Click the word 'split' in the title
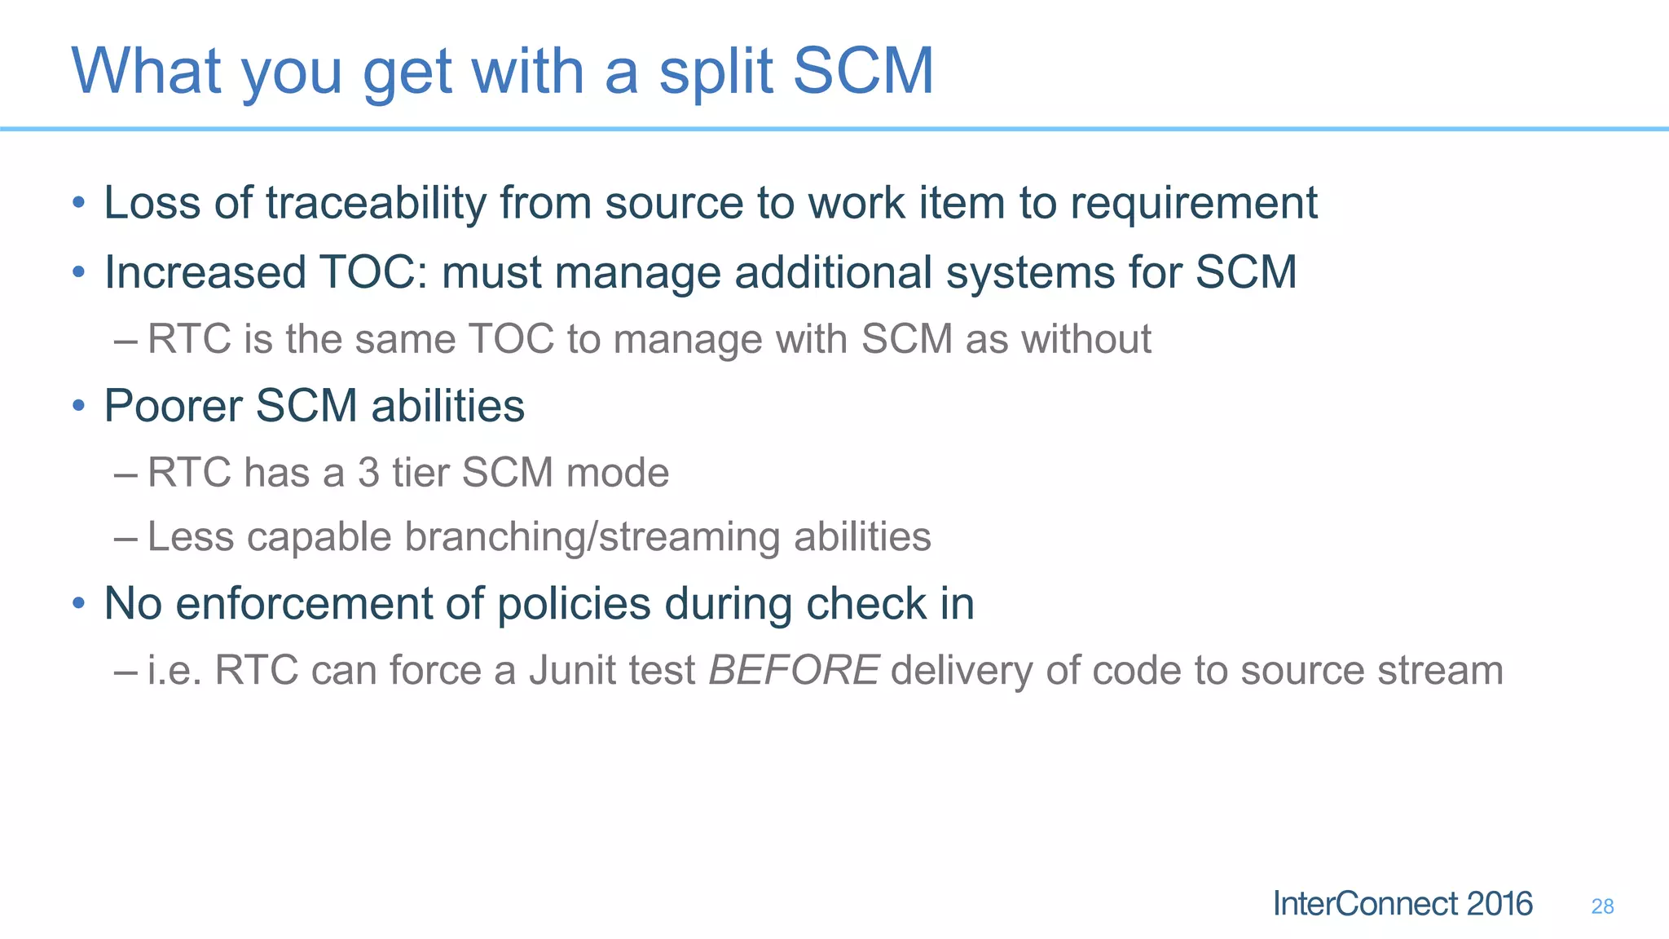716,72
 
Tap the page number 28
1602,906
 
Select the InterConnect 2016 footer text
1403,904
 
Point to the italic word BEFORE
794,671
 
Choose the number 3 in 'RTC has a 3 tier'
368,473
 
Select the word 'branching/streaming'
592,537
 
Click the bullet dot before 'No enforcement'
78,604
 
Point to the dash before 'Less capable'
126,538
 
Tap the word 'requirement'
1193,203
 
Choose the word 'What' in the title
146,72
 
